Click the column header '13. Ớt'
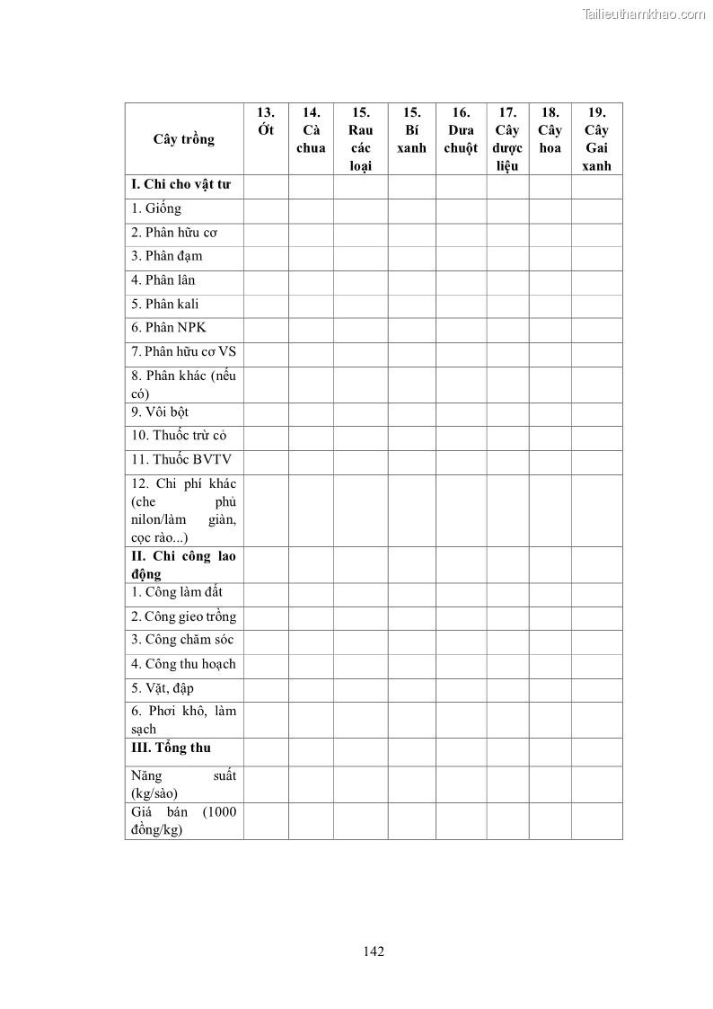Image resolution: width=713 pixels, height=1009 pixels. [x=266, y=121]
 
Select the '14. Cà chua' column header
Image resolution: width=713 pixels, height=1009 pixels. [x=311, y=130]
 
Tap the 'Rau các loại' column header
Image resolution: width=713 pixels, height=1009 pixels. [x=360, y=138]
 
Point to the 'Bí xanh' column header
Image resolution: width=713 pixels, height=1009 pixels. [x=411, y=130]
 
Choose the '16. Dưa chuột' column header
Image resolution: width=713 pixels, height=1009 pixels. [x=461, y=130]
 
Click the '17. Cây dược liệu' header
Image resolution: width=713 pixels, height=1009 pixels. [x=507, y=138]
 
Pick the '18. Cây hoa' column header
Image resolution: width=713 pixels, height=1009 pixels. [x=550, y=130]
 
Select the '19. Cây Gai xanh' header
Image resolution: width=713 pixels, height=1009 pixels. [x=596, y=138]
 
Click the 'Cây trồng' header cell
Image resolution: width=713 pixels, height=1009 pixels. [x=184, y=139]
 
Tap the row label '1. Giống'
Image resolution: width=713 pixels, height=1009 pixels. [x=156, y=208]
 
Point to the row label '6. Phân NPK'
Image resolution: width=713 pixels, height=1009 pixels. [x=169, y=327]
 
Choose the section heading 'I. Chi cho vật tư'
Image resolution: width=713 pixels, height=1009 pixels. [x=180, y=184]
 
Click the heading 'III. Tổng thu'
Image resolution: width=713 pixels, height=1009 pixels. [x=171, y=748]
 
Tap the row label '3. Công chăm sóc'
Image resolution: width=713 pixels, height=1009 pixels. [x=182, y=640]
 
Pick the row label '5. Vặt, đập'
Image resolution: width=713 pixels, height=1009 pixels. [x=163, y=688]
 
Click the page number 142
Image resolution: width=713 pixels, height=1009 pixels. [x=374, y=951]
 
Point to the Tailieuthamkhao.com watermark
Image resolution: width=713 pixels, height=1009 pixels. [x=644, y=13]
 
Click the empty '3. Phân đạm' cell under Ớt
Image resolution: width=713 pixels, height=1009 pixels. [x=266, y=257]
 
